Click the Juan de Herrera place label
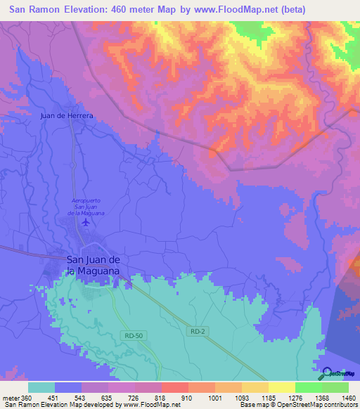tap(67, 115)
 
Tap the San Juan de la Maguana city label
tap(94, 264)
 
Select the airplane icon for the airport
tap(86, 222)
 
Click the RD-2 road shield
tap(198, 330)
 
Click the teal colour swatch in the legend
tap(41, 387)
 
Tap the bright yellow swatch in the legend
tap(282, 387)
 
